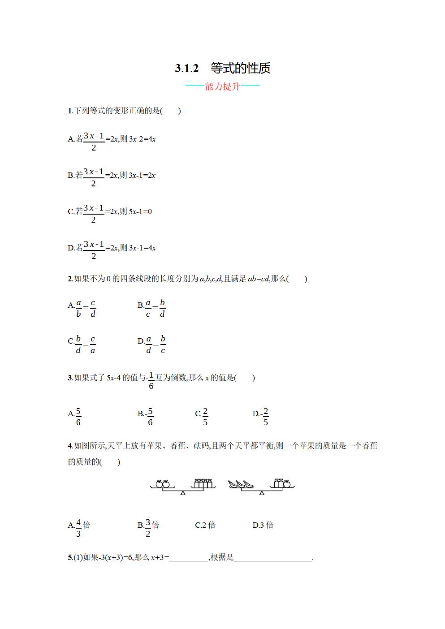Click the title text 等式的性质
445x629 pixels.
pos(241,68)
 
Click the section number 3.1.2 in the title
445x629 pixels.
pos(186,69)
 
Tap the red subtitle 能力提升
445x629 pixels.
pos(223,86)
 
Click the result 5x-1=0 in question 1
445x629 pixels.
pos(140,211)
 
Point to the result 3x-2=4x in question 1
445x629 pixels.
pos(143,139)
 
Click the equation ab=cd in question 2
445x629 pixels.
pos(259,279)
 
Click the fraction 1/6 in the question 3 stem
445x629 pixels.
pos(151,380)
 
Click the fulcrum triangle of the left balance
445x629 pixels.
pos(182,493)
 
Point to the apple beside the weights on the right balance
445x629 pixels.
pos(287,483)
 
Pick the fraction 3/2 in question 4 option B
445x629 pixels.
pos(148,528)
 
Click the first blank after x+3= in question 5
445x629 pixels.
pos(189,558)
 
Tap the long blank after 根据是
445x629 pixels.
pos(272,558)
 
